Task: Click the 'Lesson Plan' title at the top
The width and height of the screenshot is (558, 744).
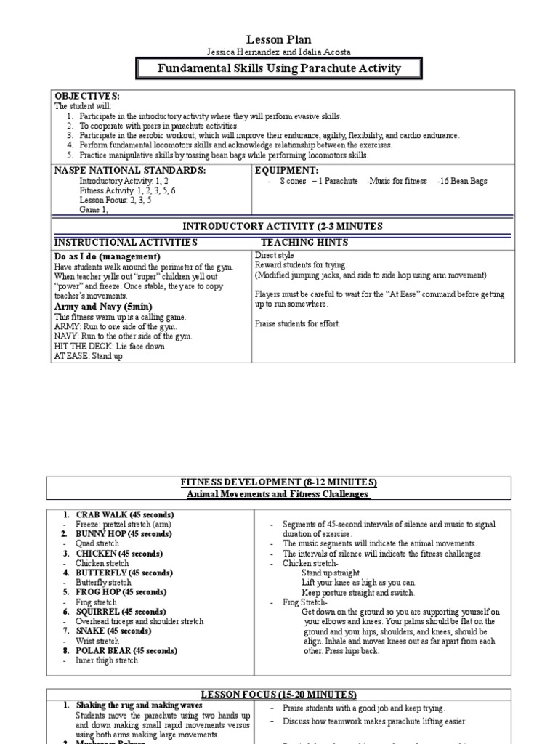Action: coord(280,39)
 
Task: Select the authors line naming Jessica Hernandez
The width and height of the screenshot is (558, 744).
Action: coord(280,52)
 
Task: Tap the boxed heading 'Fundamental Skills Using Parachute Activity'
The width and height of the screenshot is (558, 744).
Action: coord(280,68)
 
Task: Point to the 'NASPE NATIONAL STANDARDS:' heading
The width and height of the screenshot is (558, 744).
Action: coord(130,170)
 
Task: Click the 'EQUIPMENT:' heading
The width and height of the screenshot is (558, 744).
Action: coord(287,170)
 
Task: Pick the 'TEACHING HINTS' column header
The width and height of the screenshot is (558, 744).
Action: coord(304,243)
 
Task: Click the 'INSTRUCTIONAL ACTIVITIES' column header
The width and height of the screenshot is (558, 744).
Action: coord(126,243)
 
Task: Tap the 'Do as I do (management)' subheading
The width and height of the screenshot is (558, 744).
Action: coord(108,257)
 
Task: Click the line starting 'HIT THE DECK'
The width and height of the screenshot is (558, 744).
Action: coord(109,347)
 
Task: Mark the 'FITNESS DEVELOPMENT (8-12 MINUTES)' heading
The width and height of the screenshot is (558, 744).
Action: coord(279,482)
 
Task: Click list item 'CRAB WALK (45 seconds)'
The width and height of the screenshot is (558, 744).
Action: coord(124,514)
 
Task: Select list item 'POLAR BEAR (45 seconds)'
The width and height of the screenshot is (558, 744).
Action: coord(126,651)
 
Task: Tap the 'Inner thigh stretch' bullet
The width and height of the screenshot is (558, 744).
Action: coord(107,660)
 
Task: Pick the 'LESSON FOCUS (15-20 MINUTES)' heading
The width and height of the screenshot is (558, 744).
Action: coord(279,695)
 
